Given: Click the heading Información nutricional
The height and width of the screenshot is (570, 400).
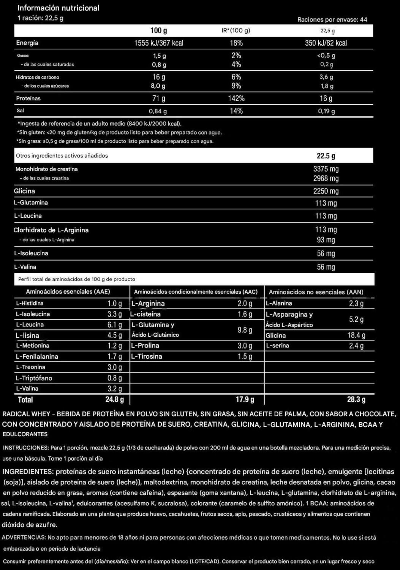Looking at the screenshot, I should pyautogui.click(x=58, y=8).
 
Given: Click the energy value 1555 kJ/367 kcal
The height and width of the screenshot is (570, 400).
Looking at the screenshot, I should pyautogui.click(x=159, y=43).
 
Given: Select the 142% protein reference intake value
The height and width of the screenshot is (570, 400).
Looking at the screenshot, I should pyautogui.click(x=236, y=98).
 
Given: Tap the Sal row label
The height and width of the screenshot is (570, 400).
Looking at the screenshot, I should pyautogui.click(x=20, y=111).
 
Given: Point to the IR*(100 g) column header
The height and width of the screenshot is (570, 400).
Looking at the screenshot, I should pyautogui.click(x=236, y=31).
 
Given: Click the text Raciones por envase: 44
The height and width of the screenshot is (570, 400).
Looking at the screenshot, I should pyautogui.click(x=332, y=19).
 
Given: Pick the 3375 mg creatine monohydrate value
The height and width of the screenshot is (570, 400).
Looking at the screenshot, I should pyautogui.click(x=326, y=169).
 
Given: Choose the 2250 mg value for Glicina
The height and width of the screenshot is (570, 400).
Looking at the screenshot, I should pyautogui.click(x=326, y=191).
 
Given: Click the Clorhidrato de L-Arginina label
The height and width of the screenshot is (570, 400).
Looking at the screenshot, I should pyautogui.click(x=51, y=230).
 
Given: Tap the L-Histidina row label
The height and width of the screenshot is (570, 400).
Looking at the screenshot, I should pyautogui.click(x=30, y=303).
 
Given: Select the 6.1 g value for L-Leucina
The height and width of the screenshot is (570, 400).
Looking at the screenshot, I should pyautogui.click(x=114, y=325).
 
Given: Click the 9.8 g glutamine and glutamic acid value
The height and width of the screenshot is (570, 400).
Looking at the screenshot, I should pyautogui.click(x=245, y=330).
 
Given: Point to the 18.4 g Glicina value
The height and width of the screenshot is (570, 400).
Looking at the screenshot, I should pyautogui.click(x=356, y=335).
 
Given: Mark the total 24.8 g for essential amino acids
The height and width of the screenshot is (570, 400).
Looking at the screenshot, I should pyautogui.click(x=114, y=399).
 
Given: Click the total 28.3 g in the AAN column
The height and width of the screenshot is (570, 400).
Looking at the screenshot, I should pyautogui.click(x=356, y=399).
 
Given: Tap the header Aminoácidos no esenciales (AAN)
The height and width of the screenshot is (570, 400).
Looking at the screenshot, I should pyautogui.click(x=316, y=292).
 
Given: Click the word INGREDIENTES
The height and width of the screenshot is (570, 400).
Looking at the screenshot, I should pyautogui.click(x=27, y=472).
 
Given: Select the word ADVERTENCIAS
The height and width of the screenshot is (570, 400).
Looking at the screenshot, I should pyautogui.click(x=24, y=538).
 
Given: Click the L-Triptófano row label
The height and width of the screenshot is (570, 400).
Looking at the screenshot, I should pyautogui.click(x=34, y=378).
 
